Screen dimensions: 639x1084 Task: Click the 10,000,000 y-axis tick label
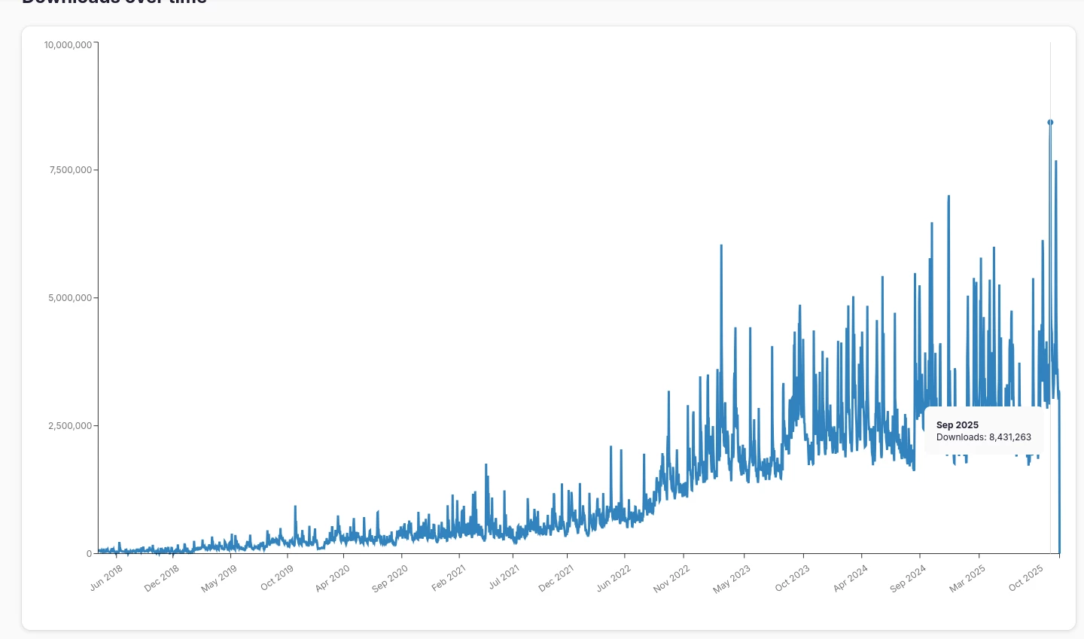[68, 45]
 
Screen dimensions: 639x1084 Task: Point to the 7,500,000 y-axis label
[71, 170]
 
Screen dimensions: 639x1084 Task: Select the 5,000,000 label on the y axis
[71, 298]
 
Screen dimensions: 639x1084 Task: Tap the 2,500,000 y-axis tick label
[71, 426]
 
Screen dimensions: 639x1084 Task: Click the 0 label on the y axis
[89, 554]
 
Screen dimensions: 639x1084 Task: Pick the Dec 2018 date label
[162, 578]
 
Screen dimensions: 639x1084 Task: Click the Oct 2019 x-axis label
[277, 578]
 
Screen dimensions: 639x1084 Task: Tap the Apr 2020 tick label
[333, 578]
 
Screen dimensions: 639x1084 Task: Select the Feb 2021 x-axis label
[449, 578]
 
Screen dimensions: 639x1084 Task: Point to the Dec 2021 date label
[556, 578]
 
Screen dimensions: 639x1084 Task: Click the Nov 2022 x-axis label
[671, 578]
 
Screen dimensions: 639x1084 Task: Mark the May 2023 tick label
[732, 578]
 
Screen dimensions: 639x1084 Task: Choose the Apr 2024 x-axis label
[851, 578]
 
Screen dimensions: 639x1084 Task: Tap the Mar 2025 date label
[967, 578]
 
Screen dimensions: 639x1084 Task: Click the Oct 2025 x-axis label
[1026, 578]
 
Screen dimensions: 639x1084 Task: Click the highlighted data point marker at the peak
[1050, 122]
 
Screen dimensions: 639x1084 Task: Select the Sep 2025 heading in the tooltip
[958, 425]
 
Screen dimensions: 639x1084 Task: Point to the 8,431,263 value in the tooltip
[1010, 437]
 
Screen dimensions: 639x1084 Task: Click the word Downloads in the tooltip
[961, 437]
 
